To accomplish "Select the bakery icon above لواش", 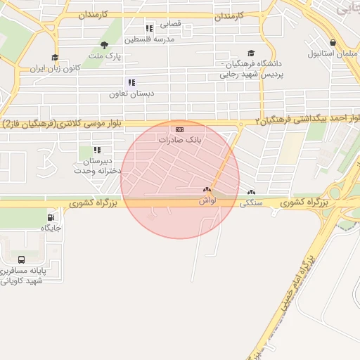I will [207, 190].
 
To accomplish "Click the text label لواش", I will [206, 200].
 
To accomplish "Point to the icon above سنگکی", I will [251, 192].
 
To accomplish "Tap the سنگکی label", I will [251, 203].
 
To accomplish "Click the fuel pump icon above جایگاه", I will [51, 217].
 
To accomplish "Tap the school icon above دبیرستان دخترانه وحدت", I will [97, 150].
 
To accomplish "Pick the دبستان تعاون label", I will [131, 93].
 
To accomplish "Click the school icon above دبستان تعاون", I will [131, 82].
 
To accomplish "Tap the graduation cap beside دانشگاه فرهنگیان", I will [251, 53].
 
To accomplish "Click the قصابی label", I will [170, 23].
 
